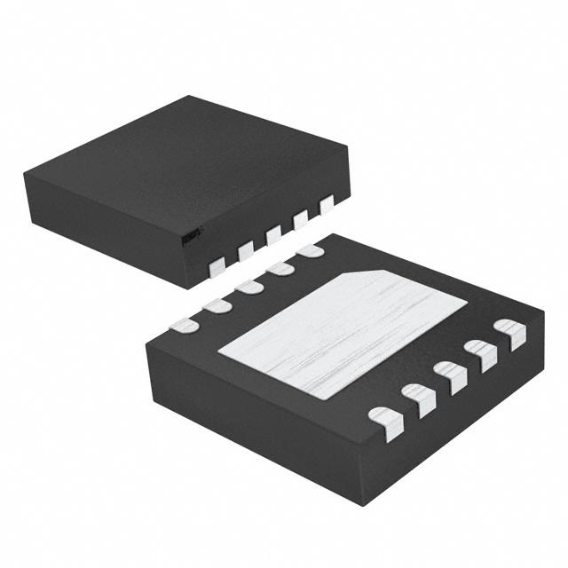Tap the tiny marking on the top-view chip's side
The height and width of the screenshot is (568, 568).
[190, 235]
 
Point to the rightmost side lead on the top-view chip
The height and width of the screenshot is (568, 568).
[326, 204]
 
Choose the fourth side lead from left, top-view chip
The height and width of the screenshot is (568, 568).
[301, 218]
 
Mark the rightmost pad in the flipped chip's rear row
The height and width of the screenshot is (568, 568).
[311, 251]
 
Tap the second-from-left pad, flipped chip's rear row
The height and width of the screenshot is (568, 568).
[216, 304]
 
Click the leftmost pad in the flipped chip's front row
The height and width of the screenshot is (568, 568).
[384, 416]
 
